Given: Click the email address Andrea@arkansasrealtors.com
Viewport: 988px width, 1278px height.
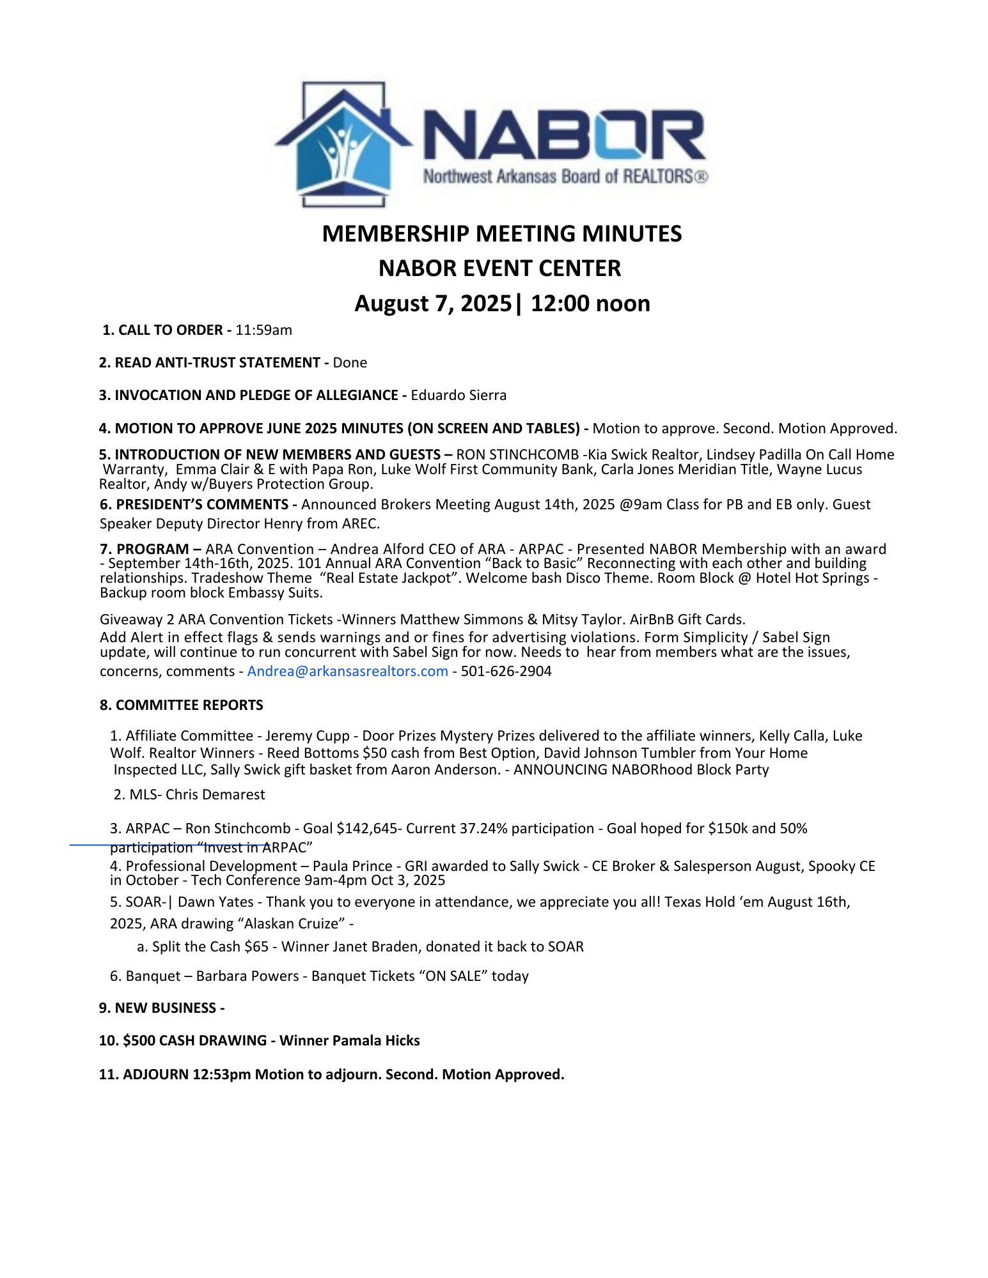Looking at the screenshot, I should point(347,672).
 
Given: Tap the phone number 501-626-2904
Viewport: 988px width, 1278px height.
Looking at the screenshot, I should point(506,672).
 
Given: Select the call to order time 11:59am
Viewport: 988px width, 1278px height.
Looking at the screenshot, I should point(263,330).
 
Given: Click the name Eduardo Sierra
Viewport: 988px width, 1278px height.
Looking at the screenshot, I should point(459,396).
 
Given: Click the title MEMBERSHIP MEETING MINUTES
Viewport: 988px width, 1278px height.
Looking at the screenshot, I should point(502,234).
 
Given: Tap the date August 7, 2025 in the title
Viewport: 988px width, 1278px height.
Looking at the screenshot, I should point(434,304).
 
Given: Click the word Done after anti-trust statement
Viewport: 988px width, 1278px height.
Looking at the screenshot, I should point(350,363).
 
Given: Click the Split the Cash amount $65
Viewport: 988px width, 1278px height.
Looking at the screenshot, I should point(256,947).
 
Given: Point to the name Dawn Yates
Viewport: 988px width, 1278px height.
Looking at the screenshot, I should point(216,902).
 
